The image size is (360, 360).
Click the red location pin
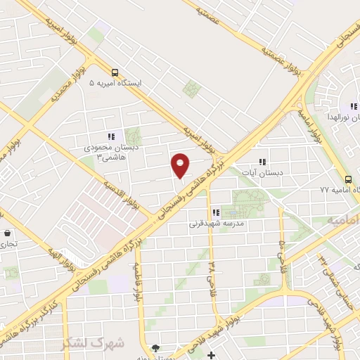181,165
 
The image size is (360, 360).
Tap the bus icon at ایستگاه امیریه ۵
115,72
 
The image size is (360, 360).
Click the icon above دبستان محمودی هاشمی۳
110,136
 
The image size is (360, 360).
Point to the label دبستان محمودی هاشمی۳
103,151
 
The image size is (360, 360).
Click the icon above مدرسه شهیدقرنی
216,212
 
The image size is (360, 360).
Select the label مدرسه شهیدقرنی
215,224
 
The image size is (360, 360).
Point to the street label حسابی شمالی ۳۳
330,267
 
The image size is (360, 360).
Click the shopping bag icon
7,233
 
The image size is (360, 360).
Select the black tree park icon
155,348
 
